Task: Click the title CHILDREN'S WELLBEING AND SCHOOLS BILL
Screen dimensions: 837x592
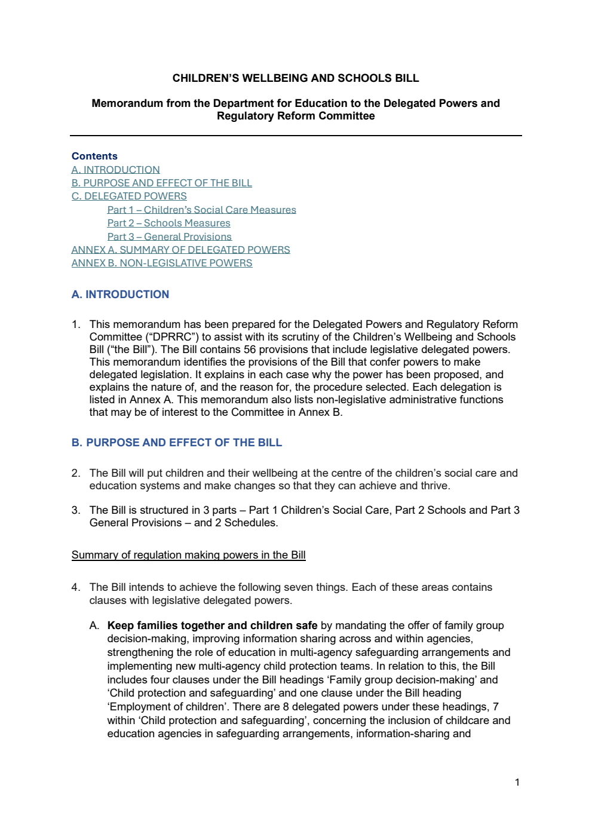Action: pyautogui.click(x=296, y=78)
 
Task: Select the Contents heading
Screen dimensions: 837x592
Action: pyautogui.click(x=94, y=156)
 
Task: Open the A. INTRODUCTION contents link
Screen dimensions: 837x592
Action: pyautogui.click(x=115, y=170)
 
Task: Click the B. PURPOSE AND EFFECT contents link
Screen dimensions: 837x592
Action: pyautogui.click(x=161, y=183)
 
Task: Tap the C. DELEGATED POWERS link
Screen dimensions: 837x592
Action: pyautogui.click(x=129, y=196)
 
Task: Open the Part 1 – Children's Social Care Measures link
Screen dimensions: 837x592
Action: pyautogui.click(x=201, y=210)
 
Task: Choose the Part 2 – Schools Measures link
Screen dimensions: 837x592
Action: pyautogui.click(x=168, y=223)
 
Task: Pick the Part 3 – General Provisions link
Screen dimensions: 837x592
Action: pyautogui.click(x=169, y=237)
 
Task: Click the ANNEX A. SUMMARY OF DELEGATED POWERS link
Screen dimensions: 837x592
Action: pyautogui.click(x=180, y=250)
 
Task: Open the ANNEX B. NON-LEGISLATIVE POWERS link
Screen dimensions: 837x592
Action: pyautogui.click(x=161, y=263)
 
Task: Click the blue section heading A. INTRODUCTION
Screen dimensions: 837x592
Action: pyautogui.click(x=120, y=294)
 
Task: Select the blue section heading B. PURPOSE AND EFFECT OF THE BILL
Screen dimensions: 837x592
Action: pyautogui.click(x=176, y=443)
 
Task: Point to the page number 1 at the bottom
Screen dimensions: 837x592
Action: pyautogui.click(x=517, y=782)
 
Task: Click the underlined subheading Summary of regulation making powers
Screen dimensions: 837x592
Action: pyautogui.click(x=188, y=555)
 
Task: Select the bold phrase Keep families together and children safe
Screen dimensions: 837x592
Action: pyautogui.click(x=212, y=626)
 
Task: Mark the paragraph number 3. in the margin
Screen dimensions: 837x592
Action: pyautogui.click(x=75, y=510)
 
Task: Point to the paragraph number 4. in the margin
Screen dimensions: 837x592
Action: pyautogui.click(x=75, y=587)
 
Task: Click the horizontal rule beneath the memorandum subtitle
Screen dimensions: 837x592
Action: pyautogui.click(x=296, y=136)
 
